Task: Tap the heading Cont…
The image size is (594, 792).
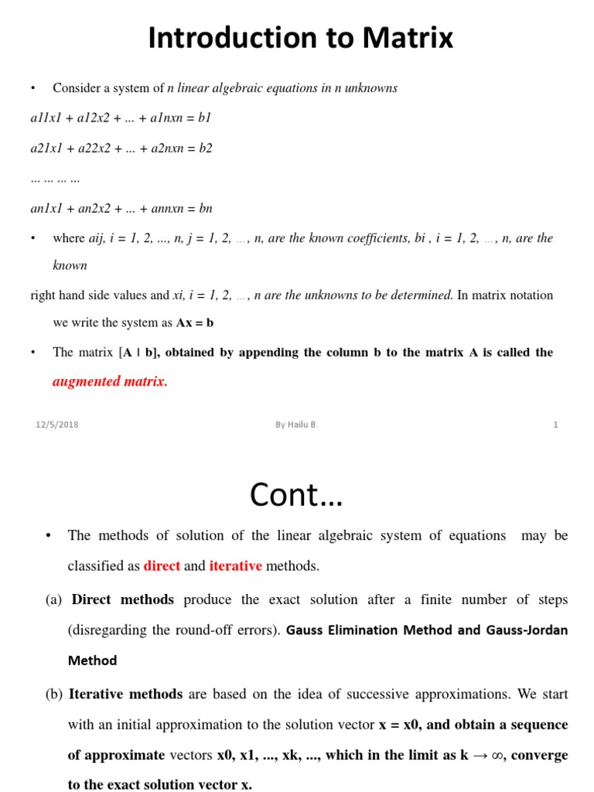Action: point(296,494)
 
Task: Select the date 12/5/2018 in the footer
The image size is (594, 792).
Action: point(57,425)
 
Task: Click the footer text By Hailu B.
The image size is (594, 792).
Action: point(296,425)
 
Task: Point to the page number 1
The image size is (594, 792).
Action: point(555,425)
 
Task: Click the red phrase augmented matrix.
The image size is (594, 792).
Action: point(110,381)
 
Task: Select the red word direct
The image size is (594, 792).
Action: point(162,566)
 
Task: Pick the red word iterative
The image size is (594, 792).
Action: point(235,566)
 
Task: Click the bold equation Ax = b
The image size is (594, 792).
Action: point(195,323)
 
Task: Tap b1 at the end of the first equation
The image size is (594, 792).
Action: point(204,118)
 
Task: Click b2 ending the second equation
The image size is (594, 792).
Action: point(205,148)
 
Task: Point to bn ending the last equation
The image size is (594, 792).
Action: point(205,209)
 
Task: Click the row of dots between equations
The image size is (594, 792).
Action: point(55,179)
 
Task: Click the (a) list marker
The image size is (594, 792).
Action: point(53,599)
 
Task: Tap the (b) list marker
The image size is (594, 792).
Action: point(53,695)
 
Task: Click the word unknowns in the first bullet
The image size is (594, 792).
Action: point(370,88)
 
